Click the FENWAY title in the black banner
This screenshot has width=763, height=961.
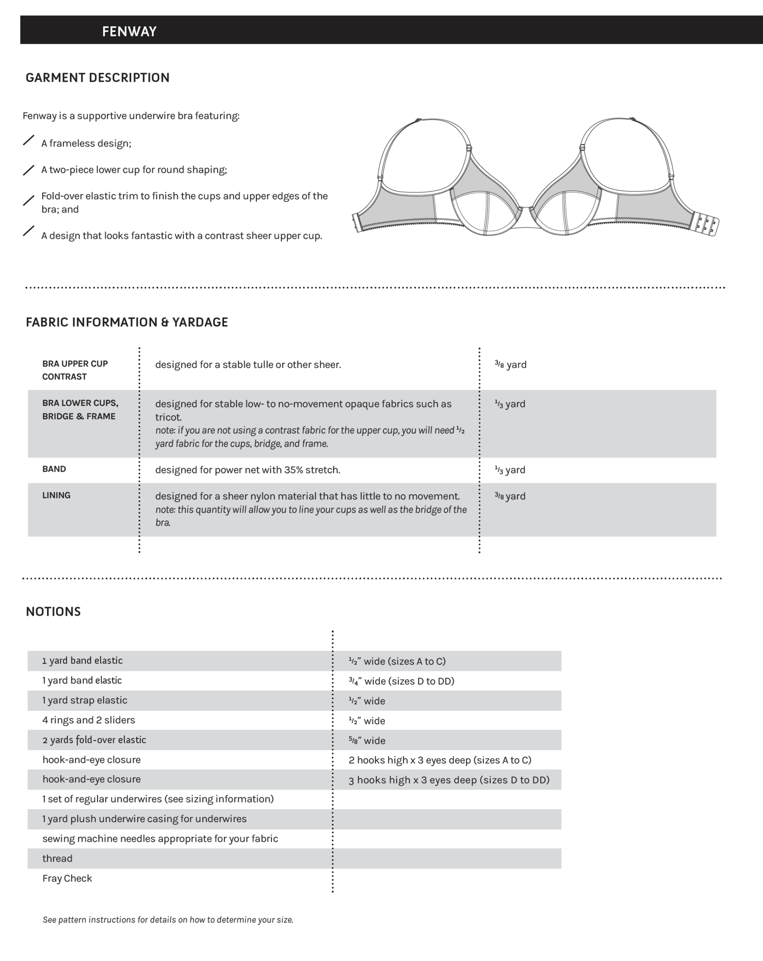pyautogui.click(x=129, y=31)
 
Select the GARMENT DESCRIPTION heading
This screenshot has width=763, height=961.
pyautogui.click(x=97, y=77)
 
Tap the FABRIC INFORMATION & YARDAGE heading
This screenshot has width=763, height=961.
pyautogui.click(x=127, y=322)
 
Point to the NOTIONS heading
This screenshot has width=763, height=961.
pyautogui.click(x=53, y=611)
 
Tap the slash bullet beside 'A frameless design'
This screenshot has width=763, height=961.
pyautogui.click(x=29, y=140)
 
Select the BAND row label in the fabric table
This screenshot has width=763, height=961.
pyautogui.click(x=54, y=469)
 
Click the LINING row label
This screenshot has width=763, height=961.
pyautogui.click(x=56, y=495)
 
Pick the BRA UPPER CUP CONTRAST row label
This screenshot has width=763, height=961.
pyautogui.click(x=75, y=370)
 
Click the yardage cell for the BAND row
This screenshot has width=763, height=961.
pyautogui.click(x=510, y=470)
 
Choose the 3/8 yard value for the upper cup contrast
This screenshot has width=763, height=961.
pyautogui.click(x=510, y=365)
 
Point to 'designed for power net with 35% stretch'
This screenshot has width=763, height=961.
pyautogui.click(x=247, y=470)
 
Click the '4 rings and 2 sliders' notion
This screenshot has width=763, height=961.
pyautogui.click(x=88, y=720)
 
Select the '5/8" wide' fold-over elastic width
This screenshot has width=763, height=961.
pyautogui.click(x=367, y=740)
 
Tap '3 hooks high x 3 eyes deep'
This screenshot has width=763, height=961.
pyautogui.click(x=448, y=780)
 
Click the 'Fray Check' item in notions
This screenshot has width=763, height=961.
pyautogui.click(x=67, y=878)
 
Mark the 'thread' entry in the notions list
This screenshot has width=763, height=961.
pyautogui.click(x=57, y=858)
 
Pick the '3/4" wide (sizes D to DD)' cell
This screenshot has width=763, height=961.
pyautogui.click(x=401, y=681)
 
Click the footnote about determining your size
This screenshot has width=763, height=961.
pyautogui.click(x=168, y=920)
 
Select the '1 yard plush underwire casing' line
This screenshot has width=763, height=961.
pyautogui.click(x=144, y=819)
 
